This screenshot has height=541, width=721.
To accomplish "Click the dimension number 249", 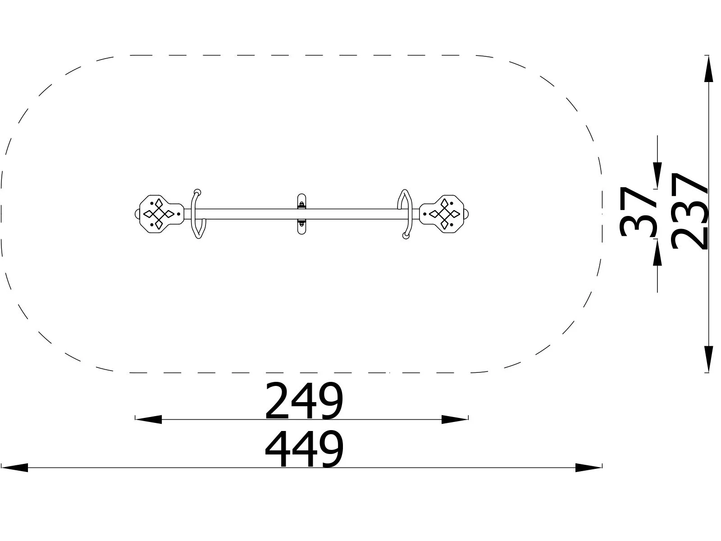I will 304,401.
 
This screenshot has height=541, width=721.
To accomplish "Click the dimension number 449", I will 304,449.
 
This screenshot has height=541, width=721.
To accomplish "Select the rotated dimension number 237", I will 689,211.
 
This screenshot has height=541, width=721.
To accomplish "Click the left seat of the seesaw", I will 160,214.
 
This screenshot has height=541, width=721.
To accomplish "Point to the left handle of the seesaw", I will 197,214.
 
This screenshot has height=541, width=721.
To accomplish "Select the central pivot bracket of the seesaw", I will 301,214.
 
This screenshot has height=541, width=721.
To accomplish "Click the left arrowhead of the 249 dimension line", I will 149,419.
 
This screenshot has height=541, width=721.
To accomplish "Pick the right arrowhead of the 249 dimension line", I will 455,419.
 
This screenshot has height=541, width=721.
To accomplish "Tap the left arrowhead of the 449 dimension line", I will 14,468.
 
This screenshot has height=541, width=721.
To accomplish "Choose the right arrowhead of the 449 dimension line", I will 589,468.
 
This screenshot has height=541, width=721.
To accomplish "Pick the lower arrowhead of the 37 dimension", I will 657,253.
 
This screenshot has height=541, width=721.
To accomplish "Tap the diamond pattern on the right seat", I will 444,214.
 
